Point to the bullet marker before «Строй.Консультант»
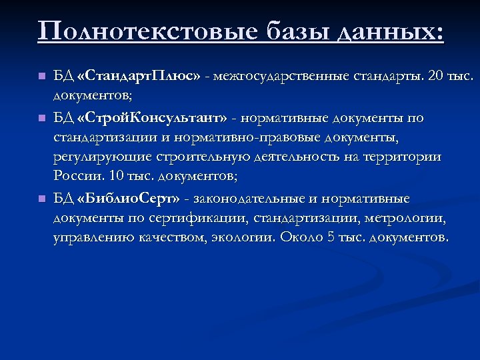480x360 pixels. tap(41, 119)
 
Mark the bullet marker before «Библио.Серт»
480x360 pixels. tap(41, 198)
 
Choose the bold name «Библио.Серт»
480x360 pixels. tap(129, 198)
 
